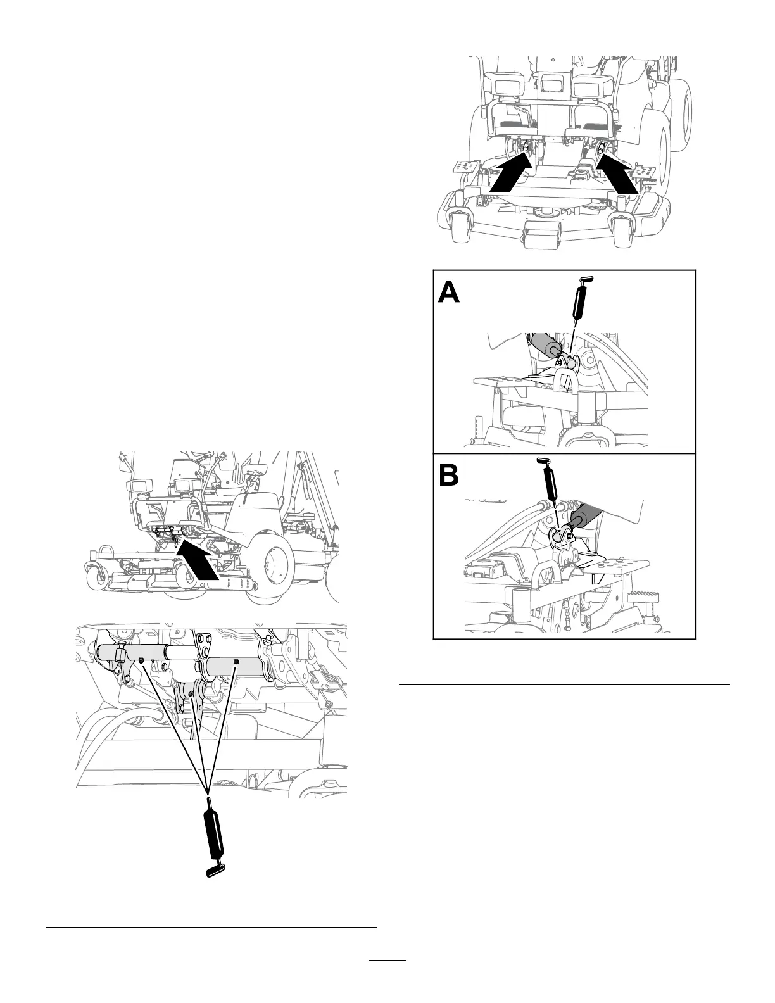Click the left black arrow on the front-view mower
tap(510, 175)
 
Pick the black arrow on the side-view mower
tap(199, 559)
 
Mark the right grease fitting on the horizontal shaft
tap(236, 661)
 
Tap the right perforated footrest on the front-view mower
tap(646, 171)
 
